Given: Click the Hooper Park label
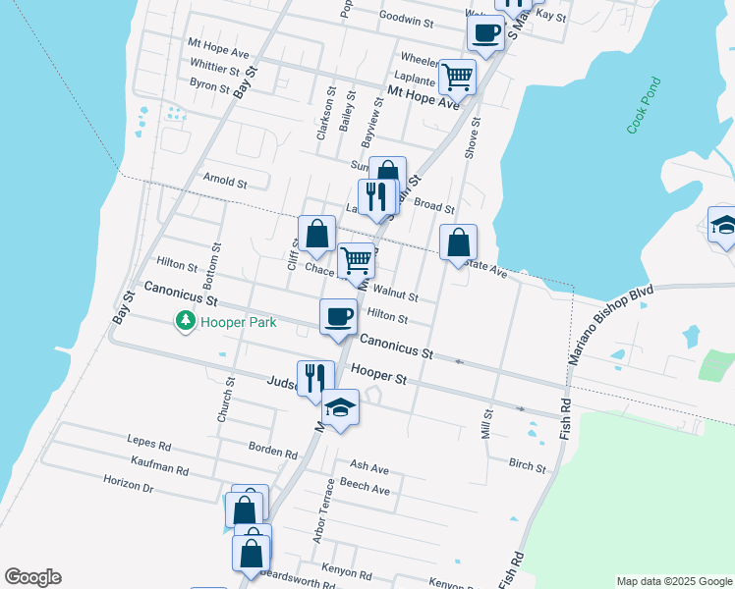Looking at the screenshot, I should (238, 322).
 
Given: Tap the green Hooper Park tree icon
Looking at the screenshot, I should (185, 321).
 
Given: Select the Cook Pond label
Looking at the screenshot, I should (644, 115).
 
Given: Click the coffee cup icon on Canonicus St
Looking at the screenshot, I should (339, 316).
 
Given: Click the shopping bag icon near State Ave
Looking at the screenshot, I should (458, 241).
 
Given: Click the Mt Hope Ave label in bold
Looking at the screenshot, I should (424, 97).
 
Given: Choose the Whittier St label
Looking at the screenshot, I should (214, 70).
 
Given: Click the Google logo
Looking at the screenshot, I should (32, 577).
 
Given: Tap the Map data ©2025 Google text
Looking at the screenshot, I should (673, 581).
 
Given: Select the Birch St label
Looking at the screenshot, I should (527, 463).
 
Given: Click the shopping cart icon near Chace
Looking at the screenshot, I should (357, 261).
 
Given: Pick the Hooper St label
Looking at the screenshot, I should (379, 376).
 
